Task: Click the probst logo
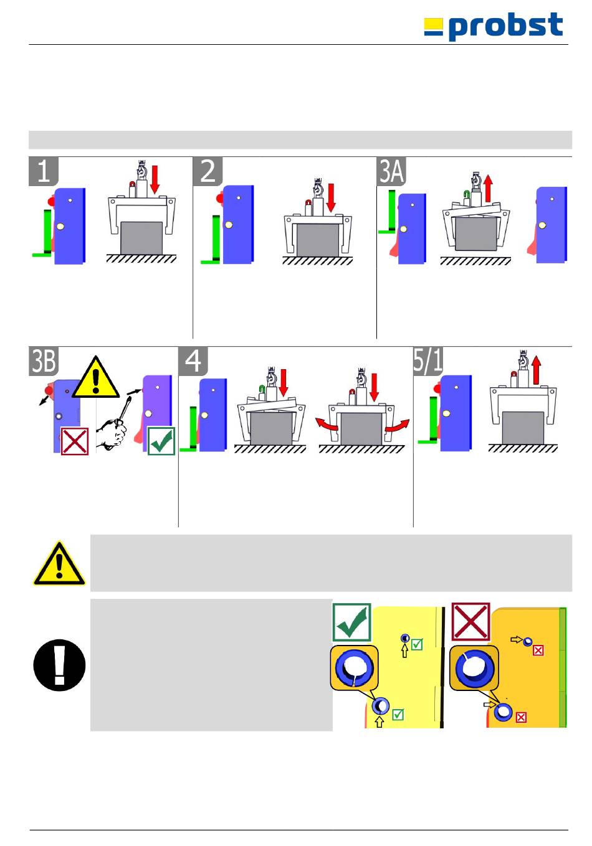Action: pyautogui.click(x=494, y=27)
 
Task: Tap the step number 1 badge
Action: pyautogui.click(x=44, y=171)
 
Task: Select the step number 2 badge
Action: pyautogui.click(x=208, y=171)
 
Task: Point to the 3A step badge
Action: pyautogui.click(x=392, y=171)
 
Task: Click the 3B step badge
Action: pyautogui.click(x=44, y=362)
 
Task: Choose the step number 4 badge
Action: pyautogui.click(x=193, y=362)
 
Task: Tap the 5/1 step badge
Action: pyautogui.click(x=428, y=362)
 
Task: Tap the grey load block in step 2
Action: pyautogui.click(x=318, y=240)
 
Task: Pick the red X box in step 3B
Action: pyautogui.click(x=75, y=441)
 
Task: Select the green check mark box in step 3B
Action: pyautogui.click(x=161, y=441)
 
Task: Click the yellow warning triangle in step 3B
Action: pyautogui.click(x=95, y=378)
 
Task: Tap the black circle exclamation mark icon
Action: pyautogui.click(x=59, y=665)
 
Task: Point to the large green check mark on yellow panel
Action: pyautogui.click(x=352, y=623)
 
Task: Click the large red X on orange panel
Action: pyautogui.click(x=470, y=621)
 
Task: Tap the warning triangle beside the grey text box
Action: pyautogui.click(x=59, y=563)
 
